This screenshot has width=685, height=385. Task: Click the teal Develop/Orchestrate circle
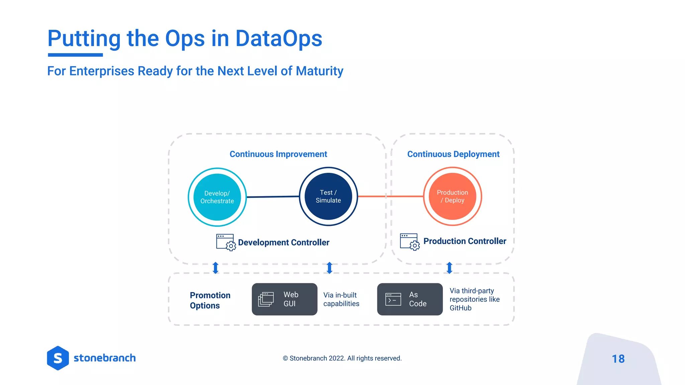[x=217, y=197]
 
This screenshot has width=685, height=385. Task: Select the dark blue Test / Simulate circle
[x=328, y=197]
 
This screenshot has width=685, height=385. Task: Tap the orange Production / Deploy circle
[x=452, y=197]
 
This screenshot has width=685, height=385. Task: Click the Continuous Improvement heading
[x=278, y=154]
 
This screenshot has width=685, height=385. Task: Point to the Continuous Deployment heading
[x=453, y=154]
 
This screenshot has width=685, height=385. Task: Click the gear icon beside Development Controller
[x=230, y=246]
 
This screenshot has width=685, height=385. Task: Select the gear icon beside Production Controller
[x=414, y=246]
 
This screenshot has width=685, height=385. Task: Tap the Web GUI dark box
[x=284, y=299]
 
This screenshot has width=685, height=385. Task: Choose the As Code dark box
[x=409, y=299]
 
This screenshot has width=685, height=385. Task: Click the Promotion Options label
[x=210, y=300]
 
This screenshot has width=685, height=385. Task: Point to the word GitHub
[x=460, y=308]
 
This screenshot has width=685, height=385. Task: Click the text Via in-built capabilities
[x=341, y=299]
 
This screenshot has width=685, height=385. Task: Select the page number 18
[x=618, y=359]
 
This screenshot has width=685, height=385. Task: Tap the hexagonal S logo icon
[x=58, y=358]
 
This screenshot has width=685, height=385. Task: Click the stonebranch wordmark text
[x=104, y=358]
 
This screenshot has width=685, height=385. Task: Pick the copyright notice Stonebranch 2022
[x=342, y=358]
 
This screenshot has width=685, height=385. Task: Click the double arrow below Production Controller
[x=449, y=268]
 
